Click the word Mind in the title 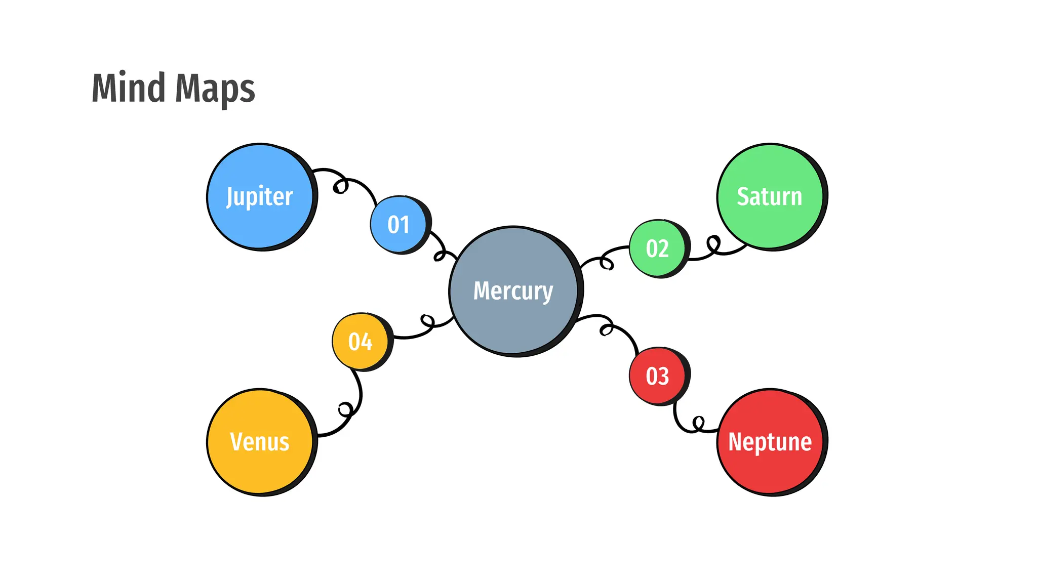[128, 88]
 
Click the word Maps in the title [215, 89]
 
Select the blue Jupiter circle [260, 196]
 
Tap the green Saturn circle [770, 196]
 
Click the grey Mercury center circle [513, 290]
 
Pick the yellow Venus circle [260, 441]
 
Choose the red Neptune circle [770, 441]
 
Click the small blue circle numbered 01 [399, 224]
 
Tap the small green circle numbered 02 [657, 248]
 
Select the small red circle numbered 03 [657, 376]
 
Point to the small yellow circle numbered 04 [361, 341]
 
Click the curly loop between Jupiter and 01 [341, 186]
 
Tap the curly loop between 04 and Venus [346, 408]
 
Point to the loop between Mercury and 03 [606, 329]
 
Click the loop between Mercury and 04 [428, 321]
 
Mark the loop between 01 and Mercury [440, 256]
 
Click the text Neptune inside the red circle [770, 442]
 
